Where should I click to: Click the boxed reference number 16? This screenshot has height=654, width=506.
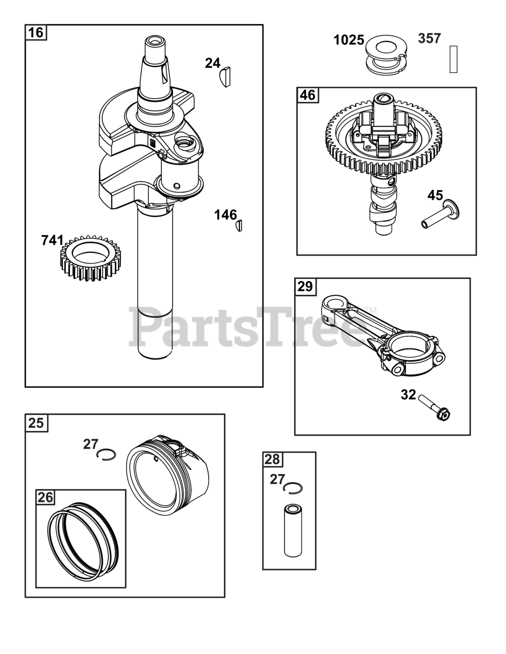point(36,33)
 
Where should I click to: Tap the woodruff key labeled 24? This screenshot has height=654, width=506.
point(225,77)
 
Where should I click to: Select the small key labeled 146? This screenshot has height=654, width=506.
point(239,226)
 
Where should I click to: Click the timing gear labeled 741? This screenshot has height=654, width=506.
point(90,258)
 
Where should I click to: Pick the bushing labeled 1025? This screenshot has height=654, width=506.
point(387,56)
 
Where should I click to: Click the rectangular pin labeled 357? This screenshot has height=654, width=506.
point(453,59)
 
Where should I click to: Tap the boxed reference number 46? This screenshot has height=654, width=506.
point(307,95)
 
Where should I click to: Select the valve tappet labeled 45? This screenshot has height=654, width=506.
point(440,214)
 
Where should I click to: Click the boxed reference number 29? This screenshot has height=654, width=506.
point(305,286)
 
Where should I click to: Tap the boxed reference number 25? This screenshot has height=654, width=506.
point(36,423)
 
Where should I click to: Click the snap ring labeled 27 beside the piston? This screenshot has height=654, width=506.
point(106,454)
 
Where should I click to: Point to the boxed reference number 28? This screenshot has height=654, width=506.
point(272,459)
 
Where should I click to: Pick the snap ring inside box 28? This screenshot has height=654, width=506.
point(293,488)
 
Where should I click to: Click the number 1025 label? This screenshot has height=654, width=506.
point(349,40)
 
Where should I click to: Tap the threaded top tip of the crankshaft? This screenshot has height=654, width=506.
point(155,40)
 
